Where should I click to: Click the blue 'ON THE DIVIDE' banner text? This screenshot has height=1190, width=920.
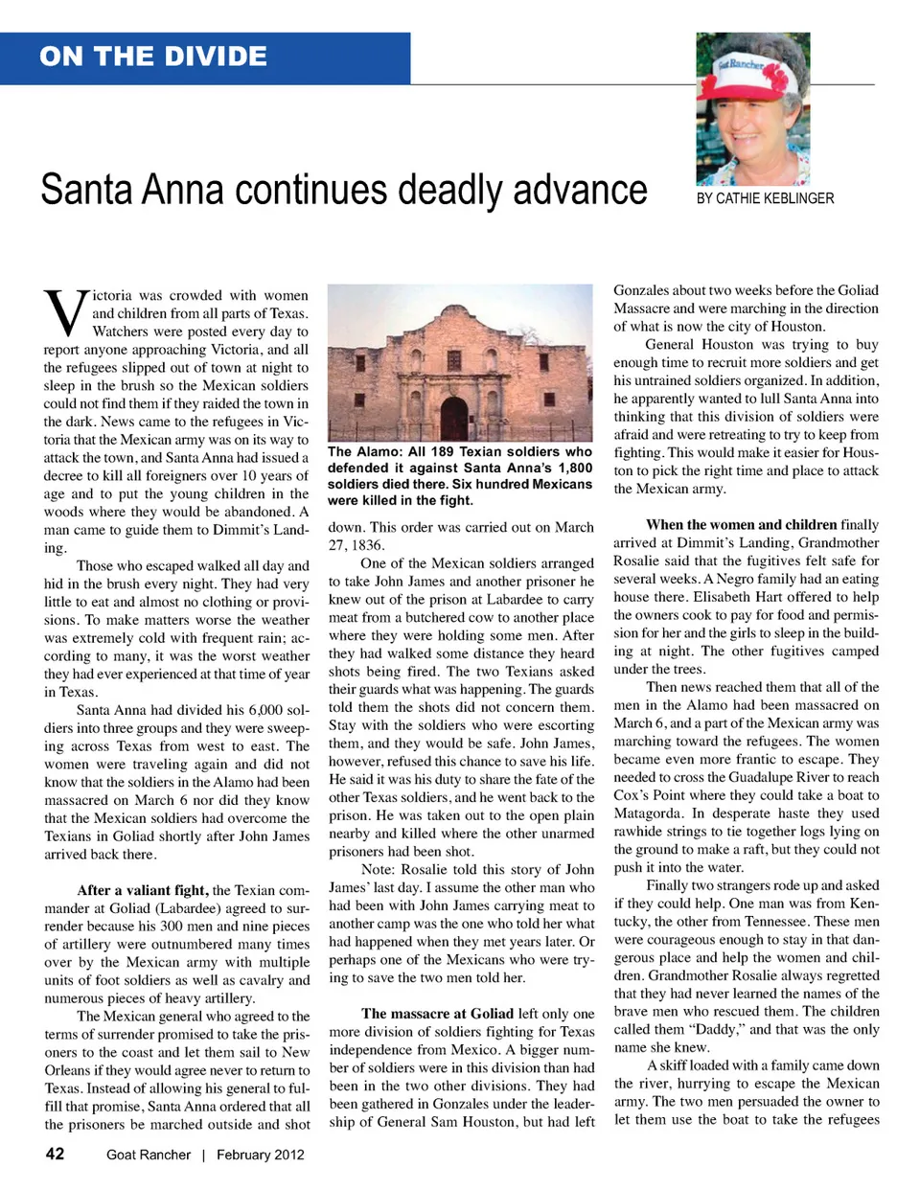pos(153,57)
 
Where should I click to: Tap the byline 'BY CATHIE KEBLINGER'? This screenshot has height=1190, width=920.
pos(765,198)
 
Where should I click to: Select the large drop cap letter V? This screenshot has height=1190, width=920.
pos(65,312)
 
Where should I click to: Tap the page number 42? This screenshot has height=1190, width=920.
pos(56,1154)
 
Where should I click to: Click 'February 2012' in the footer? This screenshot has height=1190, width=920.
pos(260,1155)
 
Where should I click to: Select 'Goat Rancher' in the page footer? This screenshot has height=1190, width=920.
pos(149,1155)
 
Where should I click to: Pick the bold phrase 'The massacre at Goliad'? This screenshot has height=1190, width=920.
pos(437,1013)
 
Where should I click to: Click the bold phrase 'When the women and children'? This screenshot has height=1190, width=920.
pos(741,524)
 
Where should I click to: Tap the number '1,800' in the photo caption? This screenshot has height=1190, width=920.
pos(574,468)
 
